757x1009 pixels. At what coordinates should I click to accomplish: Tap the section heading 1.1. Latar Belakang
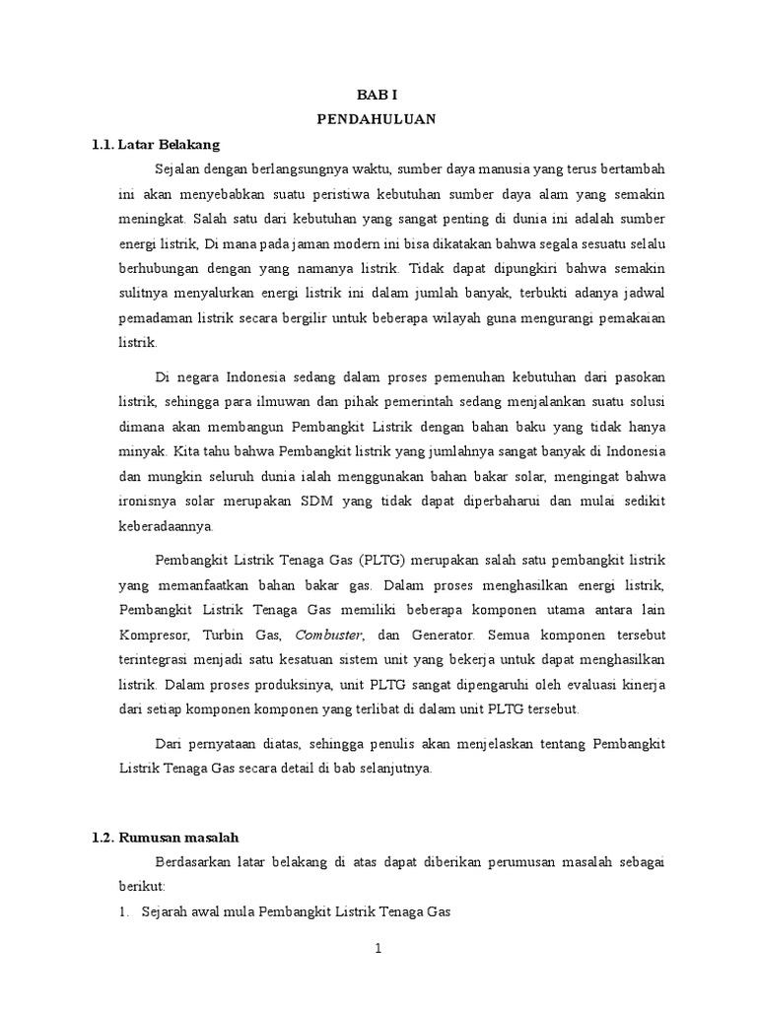[155, 145]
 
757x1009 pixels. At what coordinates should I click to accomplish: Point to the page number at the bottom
[378, 949]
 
